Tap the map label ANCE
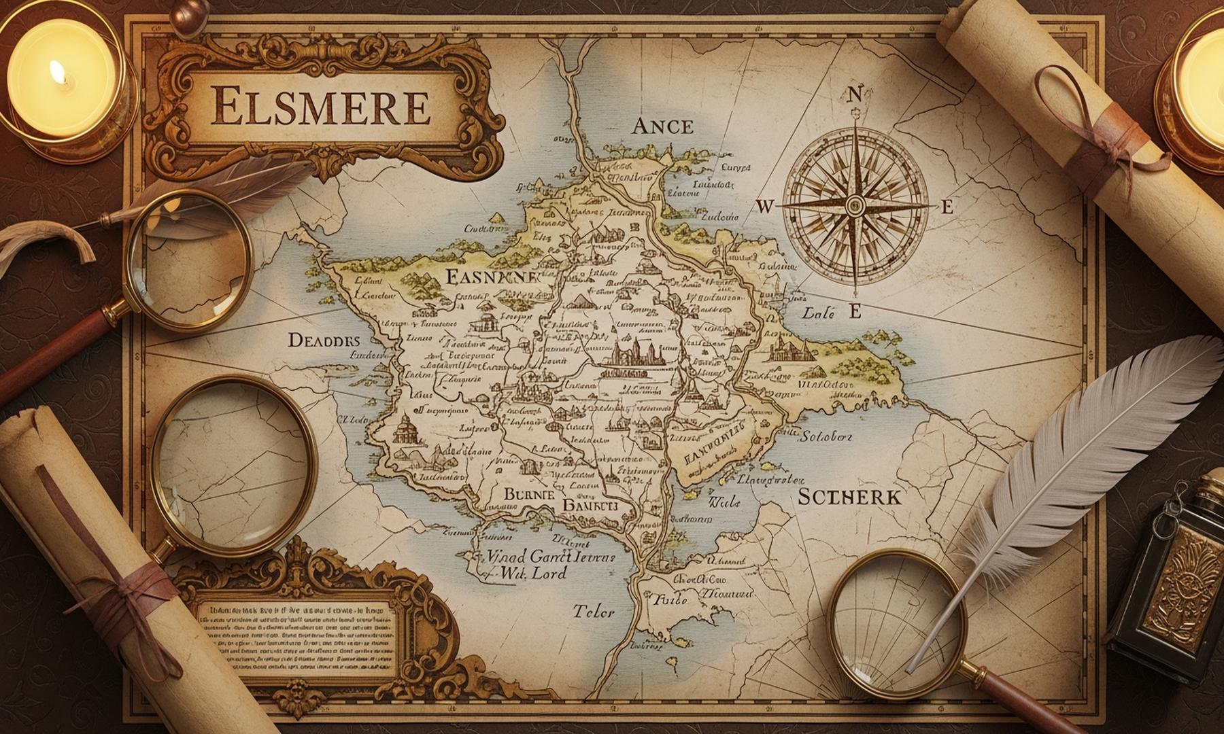pos(662,126)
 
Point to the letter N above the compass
pos(856,94)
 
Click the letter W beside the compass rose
pos(764,207)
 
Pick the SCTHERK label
pos(849,497)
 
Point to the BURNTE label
pos(528,495)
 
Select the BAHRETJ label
pos(589,506)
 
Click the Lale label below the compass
pos(819,313)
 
